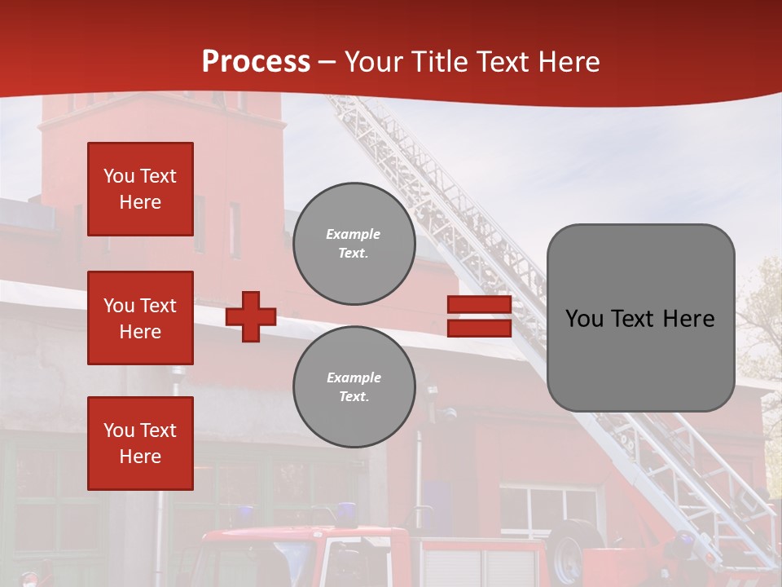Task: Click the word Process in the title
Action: pyautogui.click(x=256, y=62)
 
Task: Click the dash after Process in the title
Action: pyautogui.click(x=327, y=63)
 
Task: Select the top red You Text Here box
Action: pyautogui.click(x=140, y=189)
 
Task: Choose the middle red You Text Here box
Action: pyautogui.click(x=140, y=318)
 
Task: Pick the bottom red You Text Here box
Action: pyautogui.click(x=140, y=443)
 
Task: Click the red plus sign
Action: pyautogui.click(x=251, y=316)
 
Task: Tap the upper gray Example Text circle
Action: pyautogui.click(x=354, y=244)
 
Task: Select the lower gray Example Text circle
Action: pyautogui.click(x=354, y=386)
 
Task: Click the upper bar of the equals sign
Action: pyautogui.click(x=479, y=305)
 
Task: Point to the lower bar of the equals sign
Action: pyautogui.click(x=479, y=328)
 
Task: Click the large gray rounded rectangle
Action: pyautogui.click(x=640, y=317)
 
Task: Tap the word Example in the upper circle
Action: pyautogui.click(x=354, y=234)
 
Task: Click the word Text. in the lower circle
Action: pyautogui.click(x=354, y=397)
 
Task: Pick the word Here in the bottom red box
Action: pyautogui.click(x=140, y=457)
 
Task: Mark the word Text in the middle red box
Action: pyautogui.click(x=157, y=306)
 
